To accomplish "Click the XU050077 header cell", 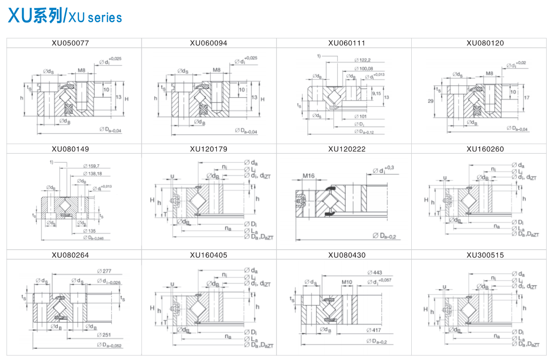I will coord(70,43).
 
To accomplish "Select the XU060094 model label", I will coord(209,43).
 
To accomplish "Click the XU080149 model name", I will coord(70,149).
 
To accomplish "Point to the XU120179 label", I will coord(209,149).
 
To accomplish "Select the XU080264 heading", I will coord(70,255).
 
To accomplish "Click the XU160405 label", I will coord(209,255).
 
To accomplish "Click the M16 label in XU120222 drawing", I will coord(309,176).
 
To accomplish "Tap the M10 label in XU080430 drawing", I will coord(347,282).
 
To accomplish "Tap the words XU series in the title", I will coord(95,18).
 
